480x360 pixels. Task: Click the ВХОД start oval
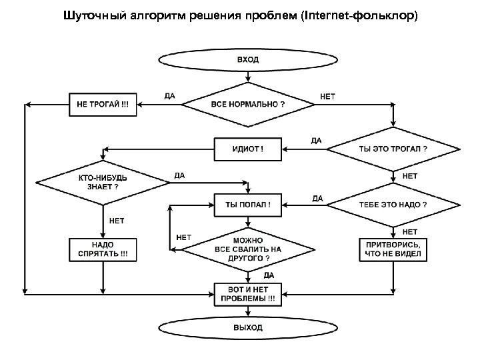click(248, 59)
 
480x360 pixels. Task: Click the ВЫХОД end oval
click(248, 327)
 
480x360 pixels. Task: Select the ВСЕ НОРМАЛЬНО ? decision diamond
click(248, 105)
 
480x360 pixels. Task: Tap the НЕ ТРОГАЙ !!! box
click(103, 105)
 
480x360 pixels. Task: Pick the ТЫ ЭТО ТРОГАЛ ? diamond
click(393, 148)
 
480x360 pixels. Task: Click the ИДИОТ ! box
click(247, 148)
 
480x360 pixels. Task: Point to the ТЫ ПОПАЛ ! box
click(247, 204)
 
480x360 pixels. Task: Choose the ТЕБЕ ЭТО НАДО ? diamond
click(393, 204)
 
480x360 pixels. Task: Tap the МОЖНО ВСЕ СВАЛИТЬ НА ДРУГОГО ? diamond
click(248, 249)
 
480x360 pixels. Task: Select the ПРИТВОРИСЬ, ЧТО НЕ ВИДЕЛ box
click(393, 249)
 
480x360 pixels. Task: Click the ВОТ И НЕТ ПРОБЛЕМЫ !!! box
click(247, 294)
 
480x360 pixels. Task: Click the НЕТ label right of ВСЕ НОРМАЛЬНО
click(328, 96)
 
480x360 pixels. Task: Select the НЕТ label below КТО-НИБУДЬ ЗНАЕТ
click(116, 220)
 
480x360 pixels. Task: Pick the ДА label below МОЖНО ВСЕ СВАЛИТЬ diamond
click(268, 274)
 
